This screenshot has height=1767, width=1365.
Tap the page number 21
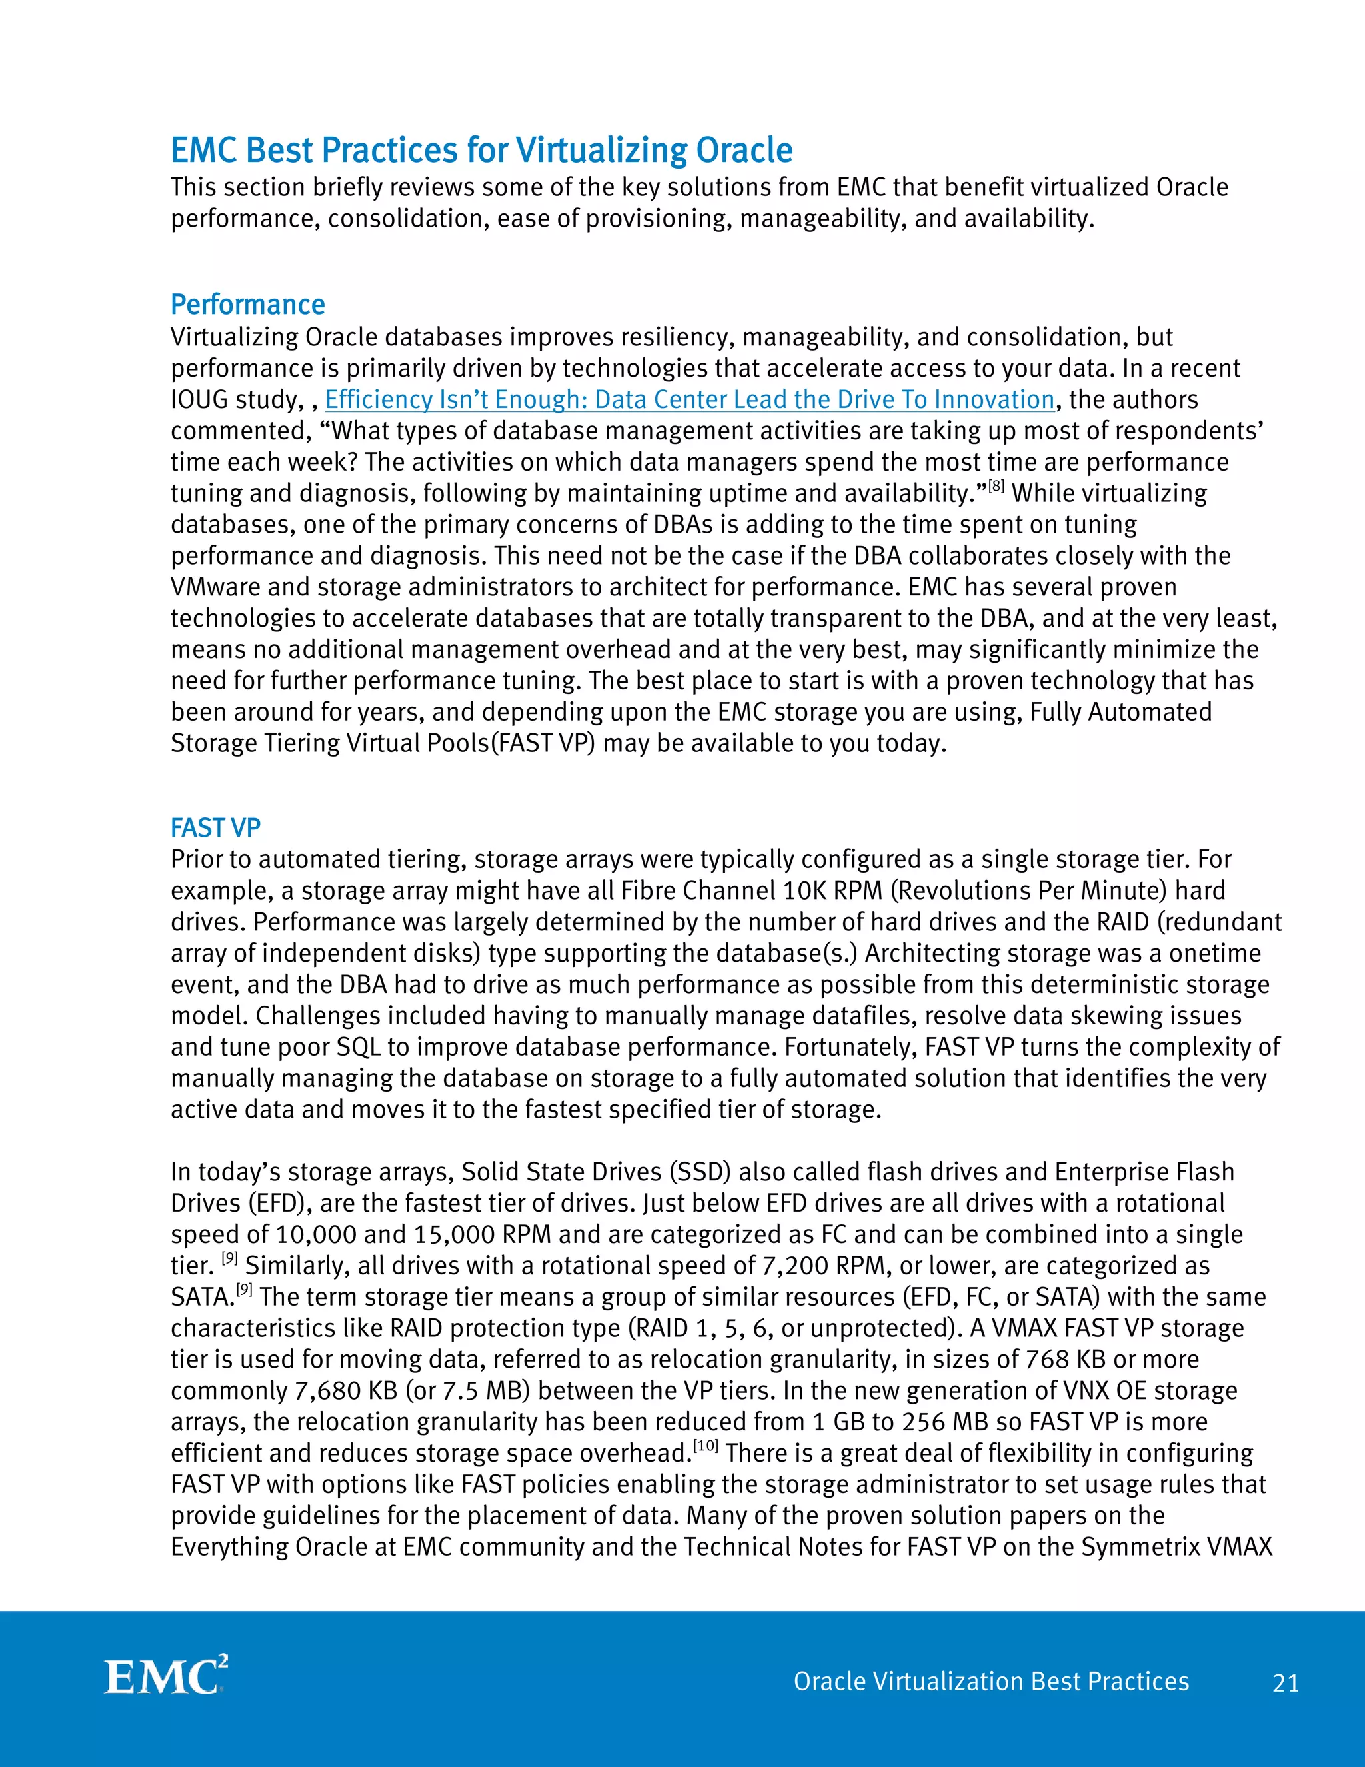(x=1286, y=1683)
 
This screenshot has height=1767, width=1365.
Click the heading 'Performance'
(x=247, y=305)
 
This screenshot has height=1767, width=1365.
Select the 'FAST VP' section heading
(x=215, y=828)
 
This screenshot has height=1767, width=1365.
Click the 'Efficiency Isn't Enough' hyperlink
(x=689, y=399)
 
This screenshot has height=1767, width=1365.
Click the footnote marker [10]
(x=706, y=1445)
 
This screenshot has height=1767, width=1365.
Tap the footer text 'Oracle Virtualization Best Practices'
(x=990, y=1681)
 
